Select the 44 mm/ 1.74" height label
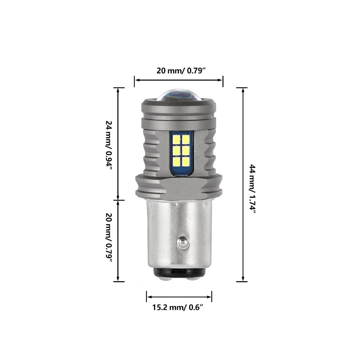pos(253,189)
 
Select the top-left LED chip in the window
pos(176,139)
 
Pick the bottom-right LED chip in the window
pos(185,161)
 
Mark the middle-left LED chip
pos(176,150)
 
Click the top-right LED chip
pos(185,139)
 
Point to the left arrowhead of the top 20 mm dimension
pos(136,81)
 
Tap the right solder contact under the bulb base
pos(194,277)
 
